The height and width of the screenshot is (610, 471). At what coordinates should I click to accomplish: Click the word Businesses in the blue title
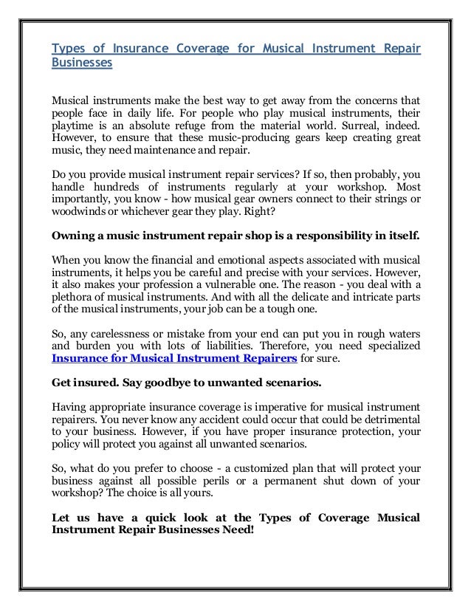pos(81,63)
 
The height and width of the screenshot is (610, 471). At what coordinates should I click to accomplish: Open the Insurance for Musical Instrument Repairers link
pos(173,357)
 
